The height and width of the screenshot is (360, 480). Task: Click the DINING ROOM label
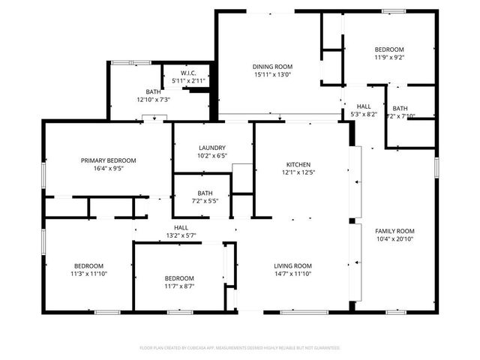(272, 67)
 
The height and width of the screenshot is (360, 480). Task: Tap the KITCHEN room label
(298, 165)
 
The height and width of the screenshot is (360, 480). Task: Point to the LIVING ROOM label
(292, 266)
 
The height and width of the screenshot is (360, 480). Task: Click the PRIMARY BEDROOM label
(109, 160)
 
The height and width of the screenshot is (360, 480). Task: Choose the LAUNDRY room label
(212, 148)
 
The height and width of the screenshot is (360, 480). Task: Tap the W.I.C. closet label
(188, 73)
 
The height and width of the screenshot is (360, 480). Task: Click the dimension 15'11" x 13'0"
(272, 74)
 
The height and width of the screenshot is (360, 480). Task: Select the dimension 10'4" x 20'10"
(394, 238)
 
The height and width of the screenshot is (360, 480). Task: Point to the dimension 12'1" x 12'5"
(298, 172)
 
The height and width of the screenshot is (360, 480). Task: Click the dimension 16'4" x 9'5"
(109, 168)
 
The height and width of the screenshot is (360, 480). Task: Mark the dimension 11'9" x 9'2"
(389, 57)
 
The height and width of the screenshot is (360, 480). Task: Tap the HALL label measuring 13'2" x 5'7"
(181, 227)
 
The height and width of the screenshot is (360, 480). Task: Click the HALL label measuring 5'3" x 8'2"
(364, 106)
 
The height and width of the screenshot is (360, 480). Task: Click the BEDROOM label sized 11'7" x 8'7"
(179, 278)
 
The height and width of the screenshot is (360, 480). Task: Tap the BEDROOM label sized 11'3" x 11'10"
(88, 266)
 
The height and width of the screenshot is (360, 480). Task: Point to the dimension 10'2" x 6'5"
(212, 156)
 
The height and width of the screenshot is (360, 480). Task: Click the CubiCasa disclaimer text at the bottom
(240, 348)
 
